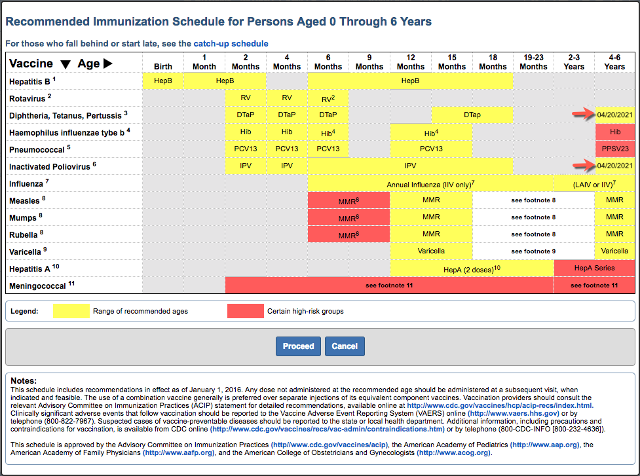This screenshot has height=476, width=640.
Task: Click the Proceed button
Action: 298,346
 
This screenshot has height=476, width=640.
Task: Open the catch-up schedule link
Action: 231,44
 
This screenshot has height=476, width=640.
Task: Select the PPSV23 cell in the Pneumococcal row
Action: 614,149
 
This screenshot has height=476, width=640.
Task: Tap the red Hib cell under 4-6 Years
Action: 614,132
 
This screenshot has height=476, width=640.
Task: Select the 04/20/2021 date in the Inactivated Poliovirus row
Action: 614,166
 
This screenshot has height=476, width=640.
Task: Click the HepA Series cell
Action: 594,268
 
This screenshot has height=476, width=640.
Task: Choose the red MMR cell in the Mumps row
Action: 348,217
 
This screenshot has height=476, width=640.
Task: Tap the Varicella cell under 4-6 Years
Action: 614,251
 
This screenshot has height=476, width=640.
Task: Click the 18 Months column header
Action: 493,62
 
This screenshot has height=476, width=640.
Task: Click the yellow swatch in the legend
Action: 71,311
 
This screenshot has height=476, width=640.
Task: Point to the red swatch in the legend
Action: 246,311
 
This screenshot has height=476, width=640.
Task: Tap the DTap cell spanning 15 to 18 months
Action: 472,115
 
